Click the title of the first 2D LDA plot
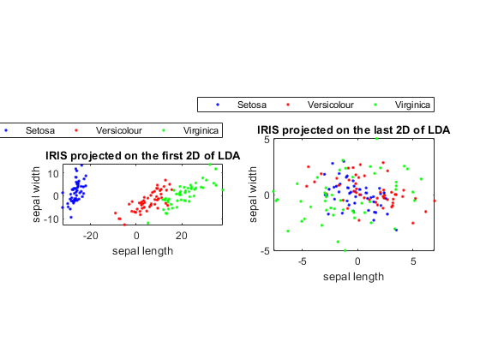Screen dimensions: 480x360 (x=142, y=156)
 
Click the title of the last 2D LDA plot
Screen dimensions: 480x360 (x=353, y=130)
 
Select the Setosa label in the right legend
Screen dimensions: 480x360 (x=252, y=105)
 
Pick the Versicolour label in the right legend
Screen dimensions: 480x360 (x=331, y=105)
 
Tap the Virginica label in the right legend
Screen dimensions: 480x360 (x=412, y=105)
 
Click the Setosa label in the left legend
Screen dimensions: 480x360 (x=40, y=130)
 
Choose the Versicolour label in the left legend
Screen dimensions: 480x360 (x=119, y=130)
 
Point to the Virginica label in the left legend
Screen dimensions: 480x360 (x=201, y=130)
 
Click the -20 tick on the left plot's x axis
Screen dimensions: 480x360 (x=90, y=236)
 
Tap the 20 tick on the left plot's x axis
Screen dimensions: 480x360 (x=181, y=236)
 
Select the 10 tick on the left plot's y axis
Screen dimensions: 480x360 (x=52, y=173)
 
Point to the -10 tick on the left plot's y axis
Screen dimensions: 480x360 (x=51, y=219)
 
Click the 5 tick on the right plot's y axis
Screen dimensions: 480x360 (x=267, y=140)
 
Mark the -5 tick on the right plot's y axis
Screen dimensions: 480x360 (x=265, y=251)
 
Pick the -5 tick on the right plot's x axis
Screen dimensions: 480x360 (x=302, y=261)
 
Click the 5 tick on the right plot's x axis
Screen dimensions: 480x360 (x=413, y=261)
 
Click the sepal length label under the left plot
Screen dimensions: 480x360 (x=142, y=251)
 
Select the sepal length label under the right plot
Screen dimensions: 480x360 (x=353, y=277)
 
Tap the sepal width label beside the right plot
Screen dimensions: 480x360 (x=253, y=195)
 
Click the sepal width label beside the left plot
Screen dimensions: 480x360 (x=36, y=195)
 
